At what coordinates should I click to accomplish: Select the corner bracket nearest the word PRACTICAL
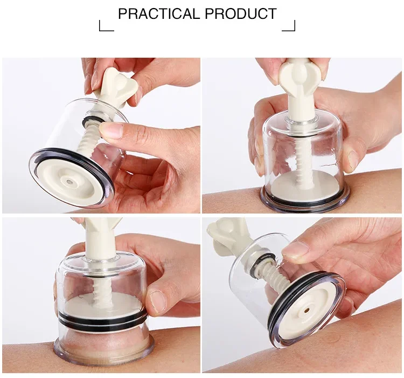pyautogui.click(x=106, y=26)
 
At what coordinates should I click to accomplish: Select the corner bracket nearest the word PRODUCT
pyautogui.click(x=289, y=26)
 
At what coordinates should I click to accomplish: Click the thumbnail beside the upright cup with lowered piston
pyautogui.click(x=353, y=160)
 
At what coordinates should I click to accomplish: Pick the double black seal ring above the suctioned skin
pyautogui.click(x=102, y=319)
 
